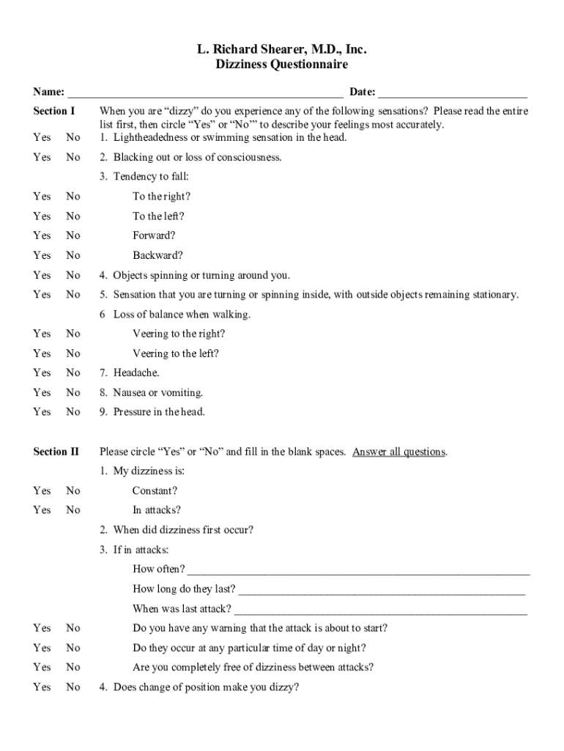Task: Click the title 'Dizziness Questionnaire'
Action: coord(281,65)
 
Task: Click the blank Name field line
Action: coord(205,94)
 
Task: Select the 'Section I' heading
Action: coord(54,111)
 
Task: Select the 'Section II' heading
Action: coord(56,452)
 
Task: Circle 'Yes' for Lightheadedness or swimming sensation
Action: coord(42,138)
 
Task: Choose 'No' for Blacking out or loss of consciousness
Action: coord(73,158)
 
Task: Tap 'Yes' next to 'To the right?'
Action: coord(42,197)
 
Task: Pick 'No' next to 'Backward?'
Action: coord(73,256)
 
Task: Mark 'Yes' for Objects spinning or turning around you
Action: coord(42,276)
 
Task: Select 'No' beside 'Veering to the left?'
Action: coord(73,353)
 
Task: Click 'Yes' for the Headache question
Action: coord(42,373)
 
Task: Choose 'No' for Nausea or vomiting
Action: coord(73,393)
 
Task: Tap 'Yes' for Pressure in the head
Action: coord(42,412)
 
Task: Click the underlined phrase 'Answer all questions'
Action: coord(398,453)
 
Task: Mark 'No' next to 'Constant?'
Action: coord(73,491)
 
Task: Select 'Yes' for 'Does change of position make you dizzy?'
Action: coord(42,688)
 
